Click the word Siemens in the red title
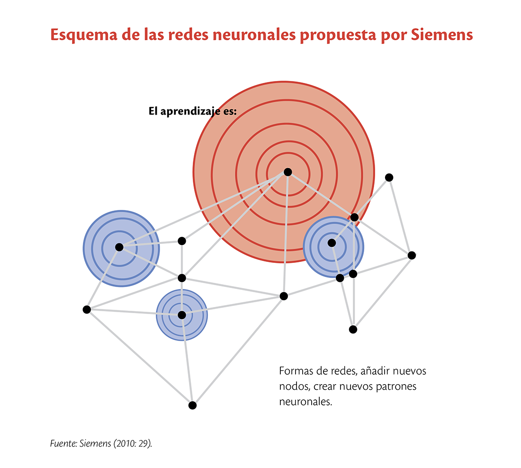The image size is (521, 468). click(441, 35)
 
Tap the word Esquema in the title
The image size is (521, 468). click(84, 35)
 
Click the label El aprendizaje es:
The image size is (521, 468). click(193, 111)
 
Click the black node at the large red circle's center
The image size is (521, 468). click(288, 172)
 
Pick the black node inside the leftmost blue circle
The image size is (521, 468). click(119, 247)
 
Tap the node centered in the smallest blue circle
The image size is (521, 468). click(182, 315)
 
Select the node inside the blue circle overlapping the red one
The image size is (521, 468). click(332, 243)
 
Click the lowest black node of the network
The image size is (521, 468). click(192, 405)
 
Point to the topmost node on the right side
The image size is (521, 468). click(389, 178)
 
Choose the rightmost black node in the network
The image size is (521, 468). click(412, 255)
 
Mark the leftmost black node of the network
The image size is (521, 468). click(87, 309)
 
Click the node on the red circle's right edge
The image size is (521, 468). click(355, 217)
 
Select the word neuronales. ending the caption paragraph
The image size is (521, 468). click(305, 402)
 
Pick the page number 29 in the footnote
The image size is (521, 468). click(143, 443)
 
